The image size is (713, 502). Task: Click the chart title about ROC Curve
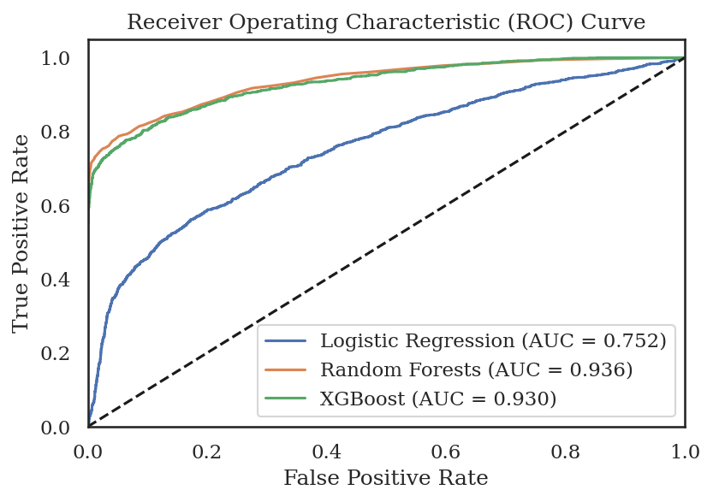click(386, 22)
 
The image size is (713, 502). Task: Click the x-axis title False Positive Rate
click(386, 477)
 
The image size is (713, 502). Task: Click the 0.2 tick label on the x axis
click(207, 450)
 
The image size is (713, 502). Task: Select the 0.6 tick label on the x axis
click(446, 450)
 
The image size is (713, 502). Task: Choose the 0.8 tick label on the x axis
click(565, 450)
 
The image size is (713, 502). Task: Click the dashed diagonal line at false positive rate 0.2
click(207, 353)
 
